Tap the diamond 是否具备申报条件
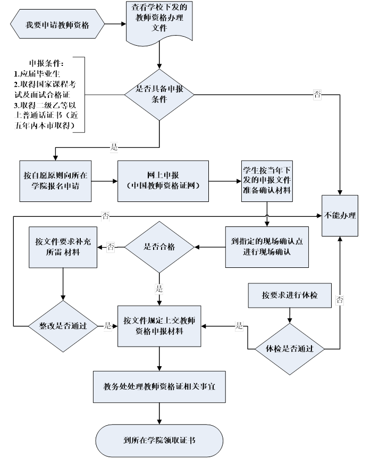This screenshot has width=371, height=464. (x=159, y=95)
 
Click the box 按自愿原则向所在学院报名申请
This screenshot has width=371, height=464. (x=56, y=181)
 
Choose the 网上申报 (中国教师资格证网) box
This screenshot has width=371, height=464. (x=163, y=181)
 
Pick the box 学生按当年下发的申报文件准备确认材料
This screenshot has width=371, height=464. (x=266, y=181)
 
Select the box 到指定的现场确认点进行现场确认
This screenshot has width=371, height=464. (x=266, y=246)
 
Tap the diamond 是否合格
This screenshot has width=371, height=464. (x=159, y=247)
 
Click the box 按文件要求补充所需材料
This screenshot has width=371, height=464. (x=63, y=247)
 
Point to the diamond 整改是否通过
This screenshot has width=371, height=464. (x=63, y=325)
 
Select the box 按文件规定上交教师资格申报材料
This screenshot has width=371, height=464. (x=159, y=326)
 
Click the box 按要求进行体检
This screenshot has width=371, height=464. (x=290, y=295)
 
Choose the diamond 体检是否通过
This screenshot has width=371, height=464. (x=290, y=349)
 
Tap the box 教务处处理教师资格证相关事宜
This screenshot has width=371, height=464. (x=159, y=386)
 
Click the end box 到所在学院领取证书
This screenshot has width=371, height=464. (x=159, y=441)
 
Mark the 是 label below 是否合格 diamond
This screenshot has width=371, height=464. (x=159, y=289)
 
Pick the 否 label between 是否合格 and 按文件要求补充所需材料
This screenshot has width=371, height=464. (x=111, y=247)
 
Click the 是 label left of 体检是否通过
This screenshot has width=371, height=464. (x=239, y=326)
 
